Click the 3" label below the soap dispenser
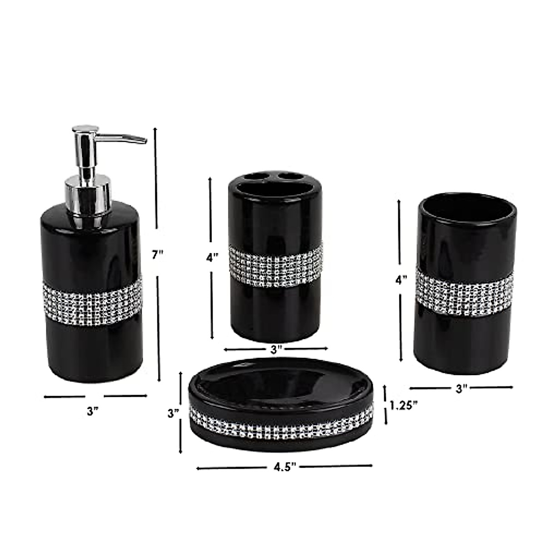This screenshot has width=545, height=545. [93, 411]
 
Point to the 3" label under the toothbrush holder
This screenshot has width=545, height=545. [277, 349]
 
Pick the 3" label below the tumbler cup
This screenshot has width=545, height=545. [461, 388]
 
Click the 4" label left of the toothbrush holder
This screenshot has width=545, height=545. [213, 257]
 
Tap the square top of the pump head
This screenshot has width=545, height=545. [86, 129]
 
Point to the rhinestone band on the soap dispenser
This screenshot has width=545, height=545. [92, 299]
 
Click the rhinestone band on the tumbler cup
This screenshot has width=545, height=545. [465, 291]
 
